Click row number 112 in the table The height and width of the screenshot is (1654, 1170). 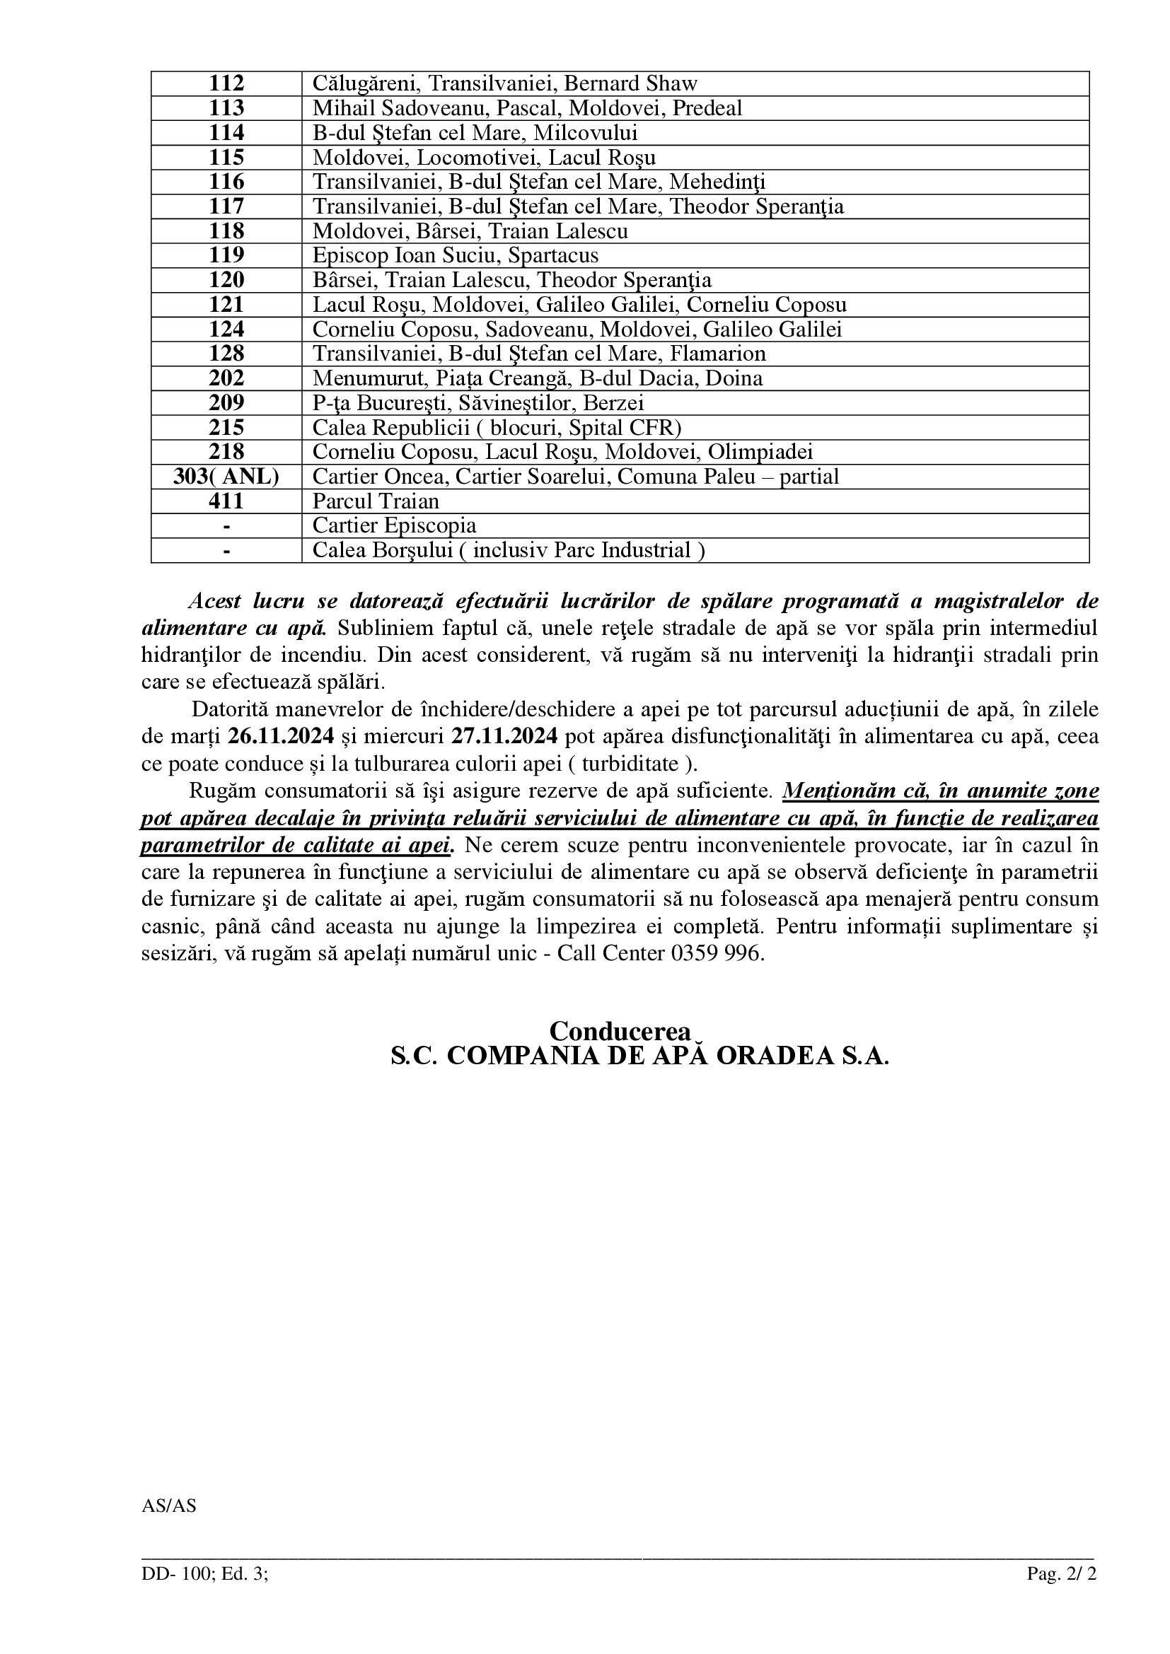(226, 83)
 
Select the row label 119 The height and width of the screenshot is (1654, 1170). (226, 256)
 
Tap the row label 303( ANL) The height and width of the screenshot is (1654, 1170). (226, 477)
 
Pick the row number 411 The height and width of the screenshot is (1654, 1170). (226, 501)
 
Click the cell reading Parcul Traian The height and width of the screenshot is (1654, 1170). (376, 501)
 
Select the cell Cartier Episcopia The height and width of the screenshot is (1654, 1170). (394, 526)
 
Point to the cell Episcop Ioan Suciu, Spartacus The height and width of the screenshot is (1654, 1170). (456, 256)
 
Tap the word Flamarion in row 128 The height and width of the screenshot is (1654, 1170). (717, 354)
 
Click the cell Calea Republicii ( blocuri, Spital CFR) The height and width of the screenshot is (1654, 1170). (497, 428)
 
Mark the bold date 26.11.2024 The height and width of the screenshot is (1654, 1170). (281, 736)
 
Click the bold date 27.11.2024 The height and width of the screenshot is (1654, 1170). (504, 736)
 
